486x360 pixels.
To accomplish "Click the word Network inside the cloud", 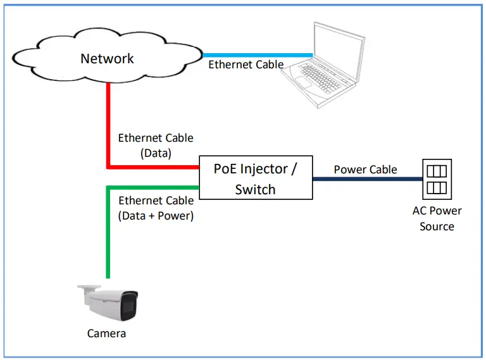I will (107, 59).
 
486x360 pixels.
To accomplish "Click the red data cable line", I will (109, 127).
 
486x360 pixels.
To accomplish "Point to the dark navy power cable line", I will (367, 179).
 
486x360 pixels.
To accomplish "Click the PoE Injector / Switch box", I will (256, 178).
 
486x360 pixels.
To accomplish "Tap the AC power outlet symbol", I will (435, 179).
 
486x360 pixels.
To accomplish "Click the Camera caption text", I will (106, 333).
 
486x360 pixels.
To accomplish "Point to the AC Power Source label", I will (437, 218).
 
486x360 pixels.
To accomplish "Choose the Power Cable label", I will (366, 169).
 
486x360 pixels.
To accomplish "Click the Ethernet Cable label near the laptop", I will (246, 65).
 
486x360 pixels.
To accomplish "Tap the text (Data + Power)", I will (156, 215).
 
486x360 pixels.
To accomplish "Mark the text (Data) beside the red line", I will (156, 152).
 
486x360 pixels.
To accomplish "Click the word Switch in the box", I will (256, 189).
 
